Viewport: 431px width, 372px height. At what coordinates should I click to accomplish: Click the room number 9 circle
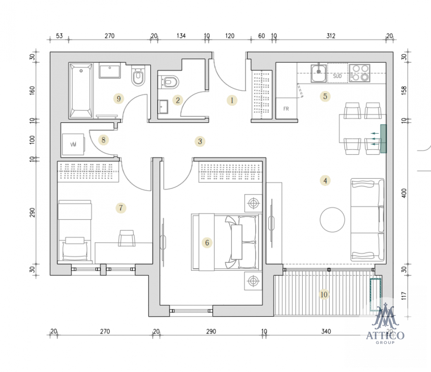(119, 99)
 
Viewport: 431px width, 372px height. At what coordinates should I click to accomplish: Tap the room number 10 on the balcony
(324, 295)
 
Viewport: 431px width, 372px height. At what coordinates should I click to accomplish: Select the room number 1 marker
(232, 100)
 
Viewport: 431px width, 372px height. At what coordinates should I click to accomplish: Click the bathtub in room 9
(81, 91)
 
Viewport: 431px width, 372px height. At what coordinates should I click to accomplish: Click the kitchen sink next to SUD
(318, 73)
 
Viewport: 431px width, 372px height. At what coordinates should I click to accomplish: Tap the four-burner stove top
(360, 73)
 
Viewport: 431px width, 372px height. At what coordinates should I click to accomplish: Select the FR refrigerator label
(286, 109)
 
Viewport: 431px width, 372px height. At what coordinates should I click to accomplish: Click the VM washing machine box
(73, 145)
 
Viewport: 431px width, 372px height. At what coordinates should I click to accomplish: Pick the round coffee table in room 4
(332, 219)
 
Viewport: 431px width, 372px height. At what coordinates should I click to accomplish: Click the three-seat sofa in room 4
(367, 219)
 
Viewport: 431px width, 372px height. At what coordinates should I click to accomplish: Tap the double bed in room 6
(225, 242)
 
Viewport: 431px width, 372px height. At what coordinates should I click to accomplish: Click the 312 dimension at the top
(331, 36)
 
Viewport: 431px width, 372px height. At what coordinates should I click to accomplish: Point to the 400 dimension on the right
(404, 193)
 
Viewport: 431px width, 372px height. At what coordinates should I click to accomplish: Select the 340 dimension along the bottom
(326, 331)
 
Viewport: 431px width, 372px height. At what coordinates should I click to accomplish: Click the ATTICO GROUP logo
(385, 324)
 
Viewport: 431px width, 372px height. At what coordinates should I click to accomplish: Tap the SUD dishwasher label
(337, 76)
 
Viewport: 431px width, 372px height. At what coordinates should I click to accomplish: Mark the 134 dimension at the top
(181, 36)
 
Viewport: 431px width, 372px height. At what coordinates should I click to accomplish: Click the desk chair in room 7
(127, 238)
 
